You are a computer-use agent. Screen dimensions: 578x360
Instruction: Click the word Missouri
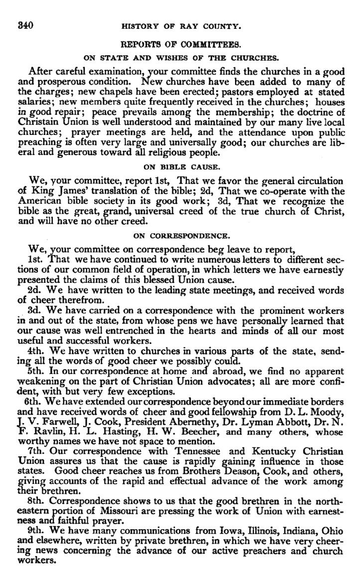(x=115, y=514)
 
